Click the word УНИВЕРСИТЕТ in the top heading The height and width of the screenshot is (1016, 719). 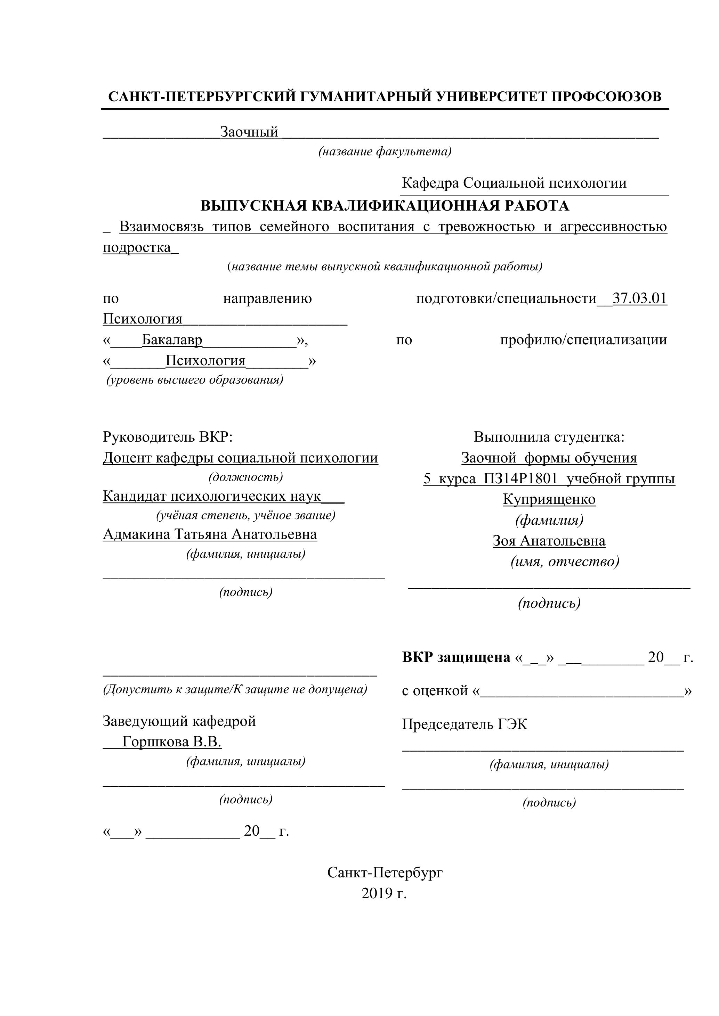coord(491,97)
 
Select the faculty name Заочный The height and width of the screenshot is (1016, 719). coord(249,132)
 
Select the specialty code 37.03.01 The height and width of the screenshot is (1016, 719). coord(640,299)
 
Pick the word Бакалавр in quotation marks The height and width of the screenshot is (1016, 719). coord(172,340)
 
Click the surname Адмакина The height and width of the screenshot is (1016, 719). coord(136,534)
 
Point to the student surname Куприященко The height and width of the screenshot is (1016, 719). coord(549,500)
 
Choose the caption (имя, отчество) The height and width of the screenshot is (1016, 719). coord(565,562)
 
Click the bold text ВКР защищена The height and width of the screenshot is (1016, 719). coord(456,657)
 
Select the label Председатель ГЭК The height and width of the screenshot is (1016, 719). coord(464,724)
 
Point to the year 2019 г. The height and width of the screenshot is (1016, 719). coord(384,893)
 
